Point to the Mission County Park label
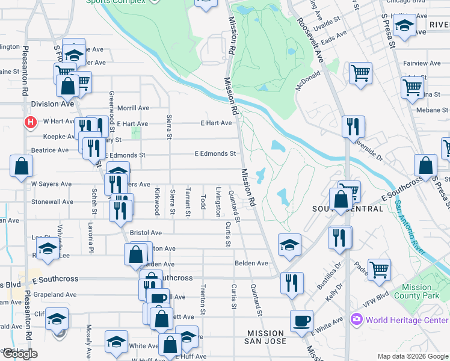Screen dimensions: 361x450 point(416,292)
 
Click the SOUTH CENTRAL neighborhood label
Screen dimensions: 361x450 point(348,208)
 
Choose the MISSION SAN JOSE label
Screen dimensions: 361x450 point(265,338)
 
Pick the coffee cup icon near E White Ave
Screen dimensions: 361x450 point(301,321)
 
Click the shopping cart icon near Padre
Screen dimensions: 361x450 point(379,270)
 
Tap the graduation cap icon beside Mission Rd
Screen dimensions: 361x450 point(289,244)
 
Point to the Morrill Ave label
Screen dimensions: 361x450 point(133,108)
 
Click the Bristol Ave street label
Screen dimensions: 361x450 point(146,232)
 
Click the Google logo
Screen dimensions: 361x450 point(19,354)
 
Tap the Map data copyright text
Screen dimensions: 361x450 point(412,356)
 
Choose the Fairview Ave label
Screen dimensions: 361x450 point(423,63)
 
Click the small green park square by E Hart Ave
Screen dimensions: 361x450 point(138,131)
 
